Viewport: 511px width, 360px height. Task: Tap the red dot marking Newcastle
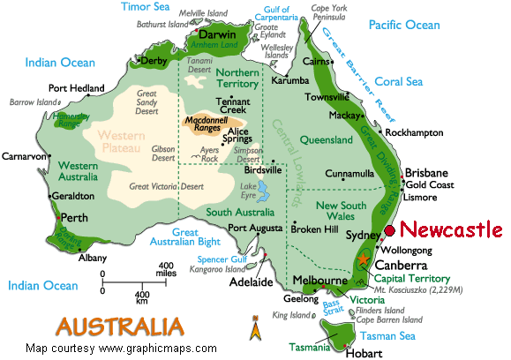coord(390,230)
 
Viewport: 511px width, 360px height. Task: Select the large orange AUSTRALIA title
coord(120,325)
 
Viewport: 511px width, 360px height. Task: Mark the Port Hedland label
coord(76,88)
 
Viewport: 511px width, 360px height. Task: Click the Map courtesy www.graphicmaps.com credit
coord(121,348)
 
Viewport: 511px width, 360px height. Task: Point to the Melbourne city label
coord(319,281)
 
